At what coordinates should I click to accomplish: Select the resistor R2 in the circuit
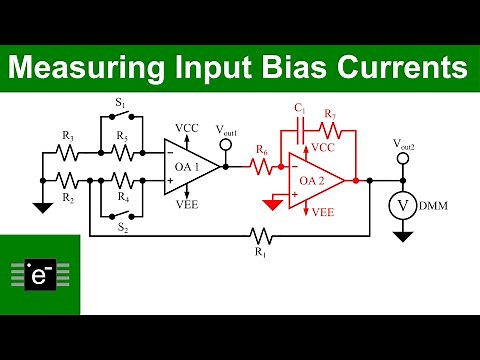pos(66,180)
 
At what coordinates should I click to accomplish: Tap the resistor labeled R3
pos(66,154)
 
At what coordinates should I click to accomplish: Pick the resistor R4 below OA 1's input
pos(122,180)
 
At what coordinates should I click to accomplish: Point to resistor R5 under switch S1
pos(122,154)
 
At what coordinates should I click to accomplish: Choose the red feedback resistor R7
pos(330,128)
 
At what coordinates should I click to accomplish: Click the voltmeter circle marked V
pos(403,206)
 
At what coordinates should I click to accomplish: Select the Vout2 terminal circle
pos(403,157)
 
